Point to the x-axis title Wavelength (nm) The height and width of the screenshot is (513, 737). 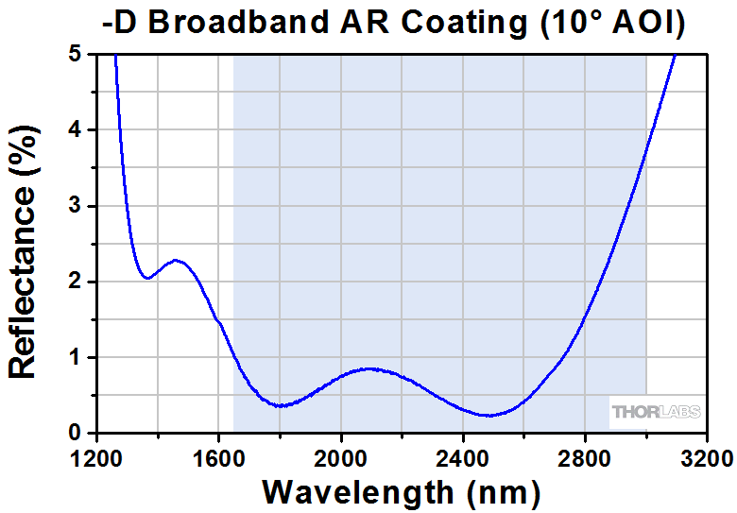point(402,492)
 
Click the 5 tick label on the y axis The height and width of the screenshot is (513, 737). point(75,55)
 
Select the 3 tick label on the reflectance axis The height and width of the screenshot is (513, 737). point(75,206)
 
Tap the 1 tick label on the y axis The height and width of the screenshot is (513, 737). point(75,358)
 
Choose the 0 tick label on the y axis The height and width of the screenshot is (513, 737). point(75,434)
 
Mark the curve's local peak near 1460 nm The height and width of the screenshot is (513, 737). point(176,260)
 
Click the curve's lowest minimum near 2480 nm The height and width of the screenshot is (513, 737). point(488,415)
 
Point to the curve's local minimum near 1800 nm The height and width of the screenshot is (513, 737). point(280,406)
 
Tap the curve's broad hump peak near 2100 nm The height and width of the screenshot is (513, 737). point(369,368)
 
